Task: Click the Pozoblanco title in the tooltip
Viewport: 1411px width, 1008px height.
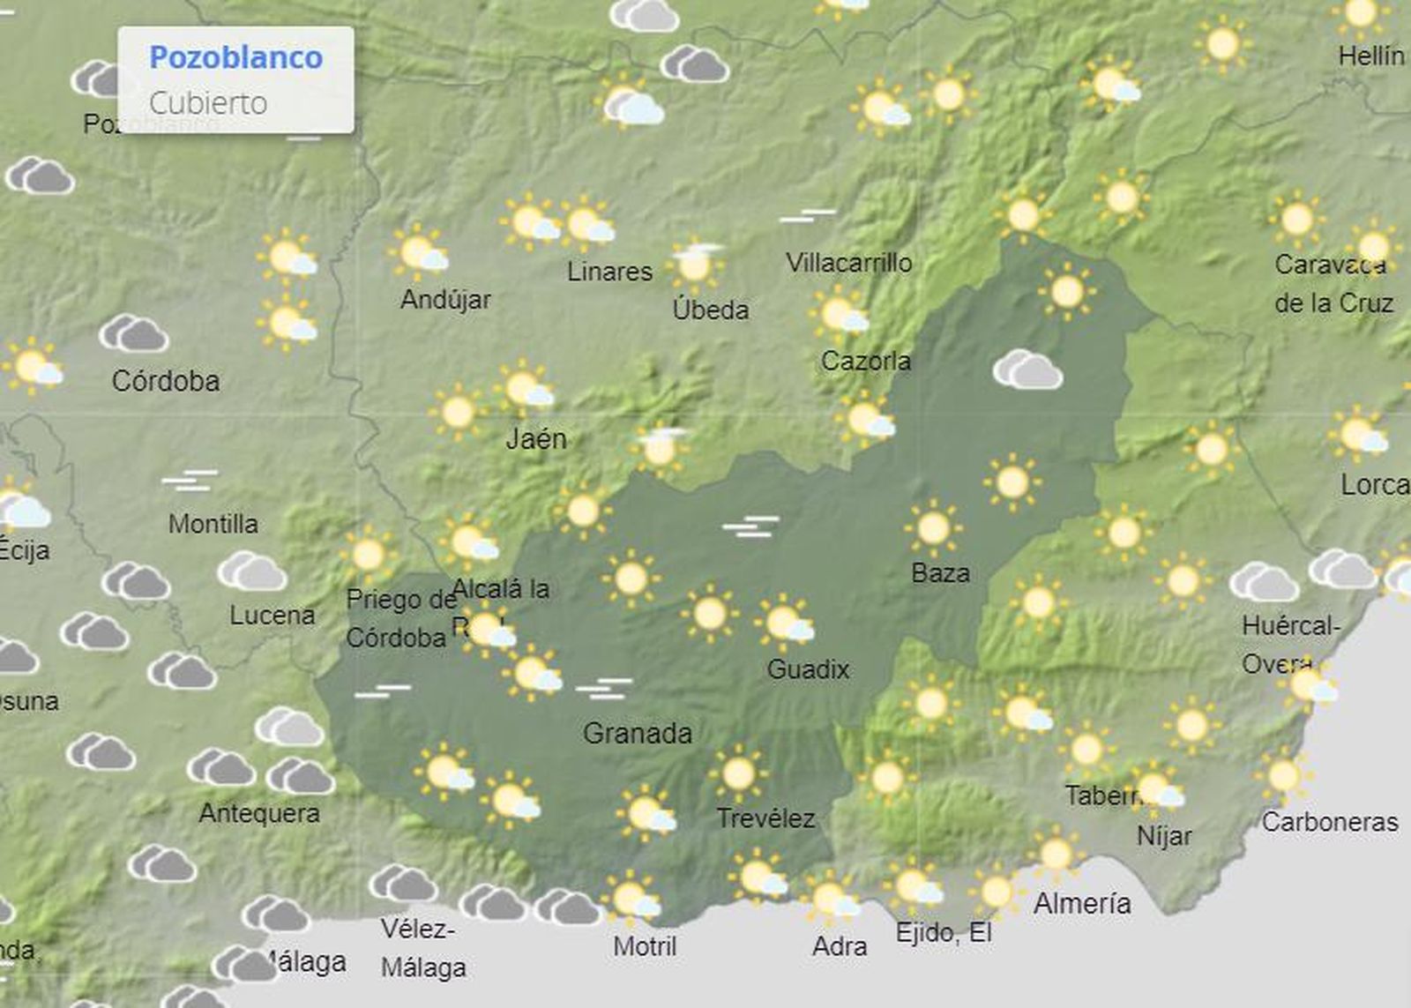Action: (235, 57)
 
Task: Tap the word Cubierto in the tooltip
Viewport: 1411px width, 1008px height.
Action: (207, 103)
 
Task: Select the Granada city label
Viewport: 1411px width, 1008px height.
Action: (637, 733)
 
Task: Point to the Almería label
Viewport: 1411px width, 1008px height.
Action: (1082, 903)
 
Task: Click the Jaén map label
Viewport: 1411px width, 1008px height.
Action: (536, 438)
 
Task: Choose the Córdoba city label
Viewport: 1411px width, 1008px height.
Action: (166, 381)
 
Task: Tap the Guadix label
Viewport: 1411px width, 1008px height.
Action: (808, 669)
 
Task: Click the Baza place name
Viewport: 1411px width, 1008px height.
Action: (940, 573)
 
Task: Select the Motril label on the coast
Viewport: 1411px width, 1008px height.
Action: (645, 946)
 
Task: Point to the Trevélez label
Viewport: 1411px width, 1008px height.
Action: (765, 818)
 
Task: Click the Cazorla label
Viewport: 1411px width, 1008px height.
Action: (865, 361)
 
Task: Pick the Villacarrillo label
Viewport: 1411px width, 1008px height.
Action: (848, 263)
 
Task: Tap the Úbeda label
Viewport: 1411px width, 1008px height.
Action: (710, 310)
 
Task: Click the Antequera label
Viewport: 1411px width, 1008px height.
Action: (259, 813)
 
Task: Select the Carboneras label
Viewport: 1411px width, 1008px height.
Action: (1329, 822)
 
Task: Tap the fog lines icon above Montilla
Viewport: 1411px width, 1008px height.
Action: (189, 482)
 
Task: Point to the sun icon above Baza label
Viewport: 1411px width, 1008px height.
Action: (933, 527)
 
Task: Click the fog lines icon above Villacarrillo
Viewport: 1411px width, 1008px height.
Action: (807, 215)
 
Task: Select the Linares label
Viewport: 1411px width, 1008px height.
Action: (609, 272)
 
